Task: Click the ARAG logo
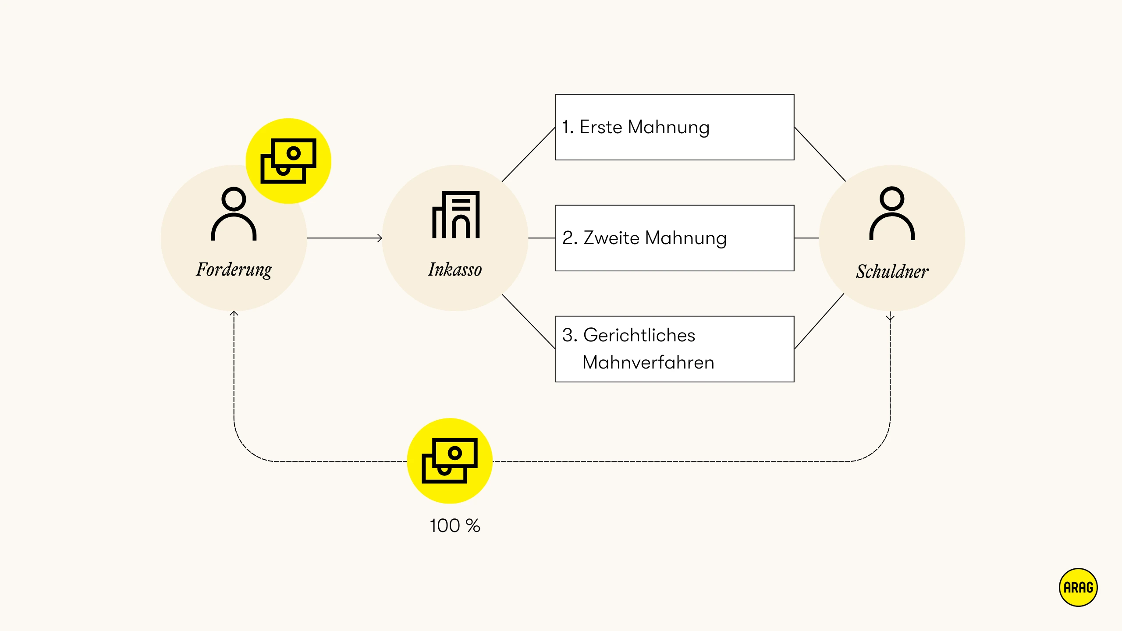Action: (x=1078, y=587)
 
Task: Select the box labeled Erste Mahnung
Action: (x=675, y=127)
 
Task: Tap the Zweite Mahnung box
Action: (x=675, y=238)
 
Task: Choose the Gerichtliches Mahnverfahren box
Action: (x=675, y=349)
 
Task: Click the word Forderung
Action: (x=234, y=269)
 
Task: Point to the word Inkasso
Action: (x=455, y=269)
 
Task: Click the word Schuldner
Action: (x=892, y=271)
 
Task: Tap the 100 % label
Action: (x=455, y=525)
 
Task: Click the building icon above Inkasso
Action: (x=456, y=215)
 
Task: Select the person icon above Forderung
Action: (x=234, y=214)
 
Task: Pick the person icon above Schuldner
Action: (x=892, y=213)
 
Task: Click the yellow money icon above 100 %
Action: (x=450, y=461)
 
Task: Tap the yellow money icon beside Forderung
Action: (x=288, y=161)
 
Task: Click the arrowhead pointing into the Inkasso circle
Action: (x=380, y=238)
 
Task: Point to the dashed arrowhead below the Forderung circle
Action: (x=234, y=314)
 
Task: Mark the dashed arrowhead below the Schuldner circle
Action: (x=890, y=317)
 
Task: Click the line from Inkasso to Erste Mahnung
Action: (x=529, y=154)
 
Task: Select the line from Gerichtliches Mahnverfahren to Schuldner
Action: (x=819, y=321)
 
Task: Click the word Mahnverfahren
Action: (x=648, y=362)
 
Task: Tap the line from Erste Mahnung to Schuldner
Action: (x=820, y=154)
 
